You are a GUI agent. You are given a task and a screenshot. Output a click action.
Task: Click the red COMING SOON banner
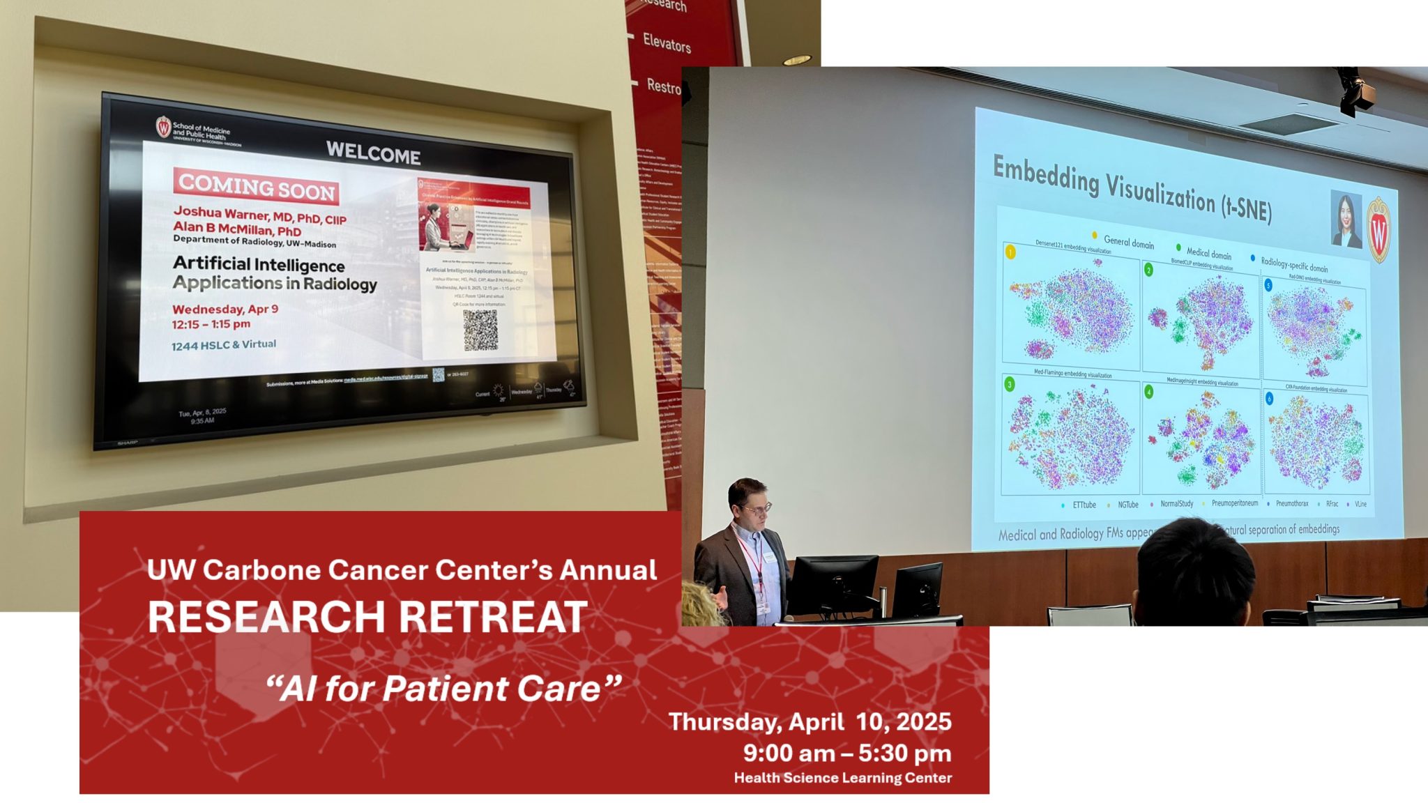[x=256, y=187]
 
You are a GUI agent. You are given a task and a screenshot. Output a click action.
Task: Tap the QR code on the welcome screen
[x=480, y=330]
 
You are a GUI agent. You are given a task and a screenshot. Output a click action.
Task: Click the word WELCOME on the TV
[x=373, y=153]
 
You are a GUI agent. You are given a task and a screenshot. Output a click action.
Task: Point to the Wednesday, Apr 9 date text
[x=225, y=309]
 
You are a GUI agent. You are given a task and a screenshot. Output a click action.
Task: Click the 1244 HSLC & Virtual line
[x=224, y=345]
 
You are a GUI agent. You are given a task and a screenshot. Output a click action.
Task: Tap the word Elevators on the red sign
[x=667, y=43]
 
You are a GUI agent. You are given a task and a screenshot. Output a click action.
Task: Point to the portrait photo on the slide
[x=1346, y=219]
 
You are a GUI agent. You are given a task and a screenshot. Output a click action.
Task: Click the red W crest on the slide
[x=1378, y=230]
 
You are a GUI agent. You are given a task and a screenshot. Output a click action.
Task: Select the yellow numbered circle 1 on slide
[x=1010, y=252]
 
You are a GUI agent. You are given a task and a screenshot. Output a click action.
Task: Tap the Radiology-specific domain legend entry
[x=1293, y=265]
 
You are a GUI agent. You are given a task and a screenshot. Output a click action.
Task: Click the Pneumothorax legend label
[x=1291, y=503]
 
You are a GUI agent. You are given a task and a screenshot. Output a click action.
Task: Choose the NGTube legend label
[x=1127, y=505]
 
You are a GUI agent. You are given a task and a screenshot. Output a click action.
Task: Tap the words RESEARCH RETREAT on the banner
[x=367, y=617]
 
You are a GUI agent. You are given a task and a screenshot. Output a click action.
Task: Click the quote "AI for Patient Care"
[x=443, y=689]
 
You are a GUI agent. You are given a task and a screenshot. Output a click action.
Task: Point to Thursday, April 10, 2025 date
[x=810, y=721]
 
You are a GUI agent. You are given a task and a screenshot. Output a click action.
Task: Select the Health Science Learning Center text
[x=842, y=778]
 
